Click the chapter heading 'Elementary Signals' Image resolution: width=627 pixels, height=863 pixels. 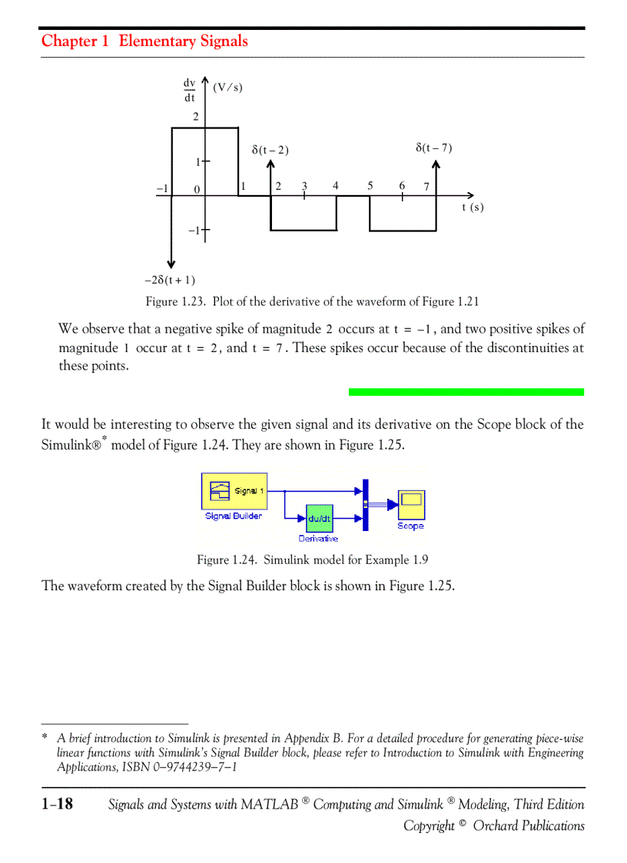[183, 41]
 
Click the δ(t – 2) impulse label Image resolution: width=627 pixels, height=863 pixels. [270, 150]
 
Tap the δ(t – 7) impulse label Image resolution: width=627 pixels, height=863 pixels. [434, 148]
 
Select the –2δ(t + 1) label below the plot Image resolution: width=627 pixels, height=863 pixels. [170, 280]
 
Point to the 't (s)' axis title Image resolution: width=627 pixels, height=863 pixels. [473, 207]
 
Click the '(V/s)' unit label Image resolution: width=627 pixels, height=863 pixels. [227, 87]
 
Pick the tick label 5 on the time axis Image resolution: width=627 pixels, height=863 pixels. [370, 185]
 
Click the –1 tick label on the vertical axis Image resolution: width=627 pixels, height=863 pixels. [194, 230]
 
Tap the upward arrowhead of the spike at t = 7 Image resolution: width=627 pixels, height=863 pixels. [436, 164]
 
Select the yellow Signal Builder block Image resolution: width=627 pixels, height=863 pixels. [234, 491]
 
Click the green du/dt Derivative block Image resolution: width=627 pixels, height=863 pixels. [319, 519]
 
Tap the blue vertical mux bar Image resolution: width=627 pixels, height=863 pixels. [366, 504]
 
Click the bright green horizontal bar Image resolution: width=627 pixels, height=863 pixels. [466, 392]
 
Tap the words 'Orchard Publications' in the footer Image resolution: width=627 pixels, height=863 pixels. [528, 825]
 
